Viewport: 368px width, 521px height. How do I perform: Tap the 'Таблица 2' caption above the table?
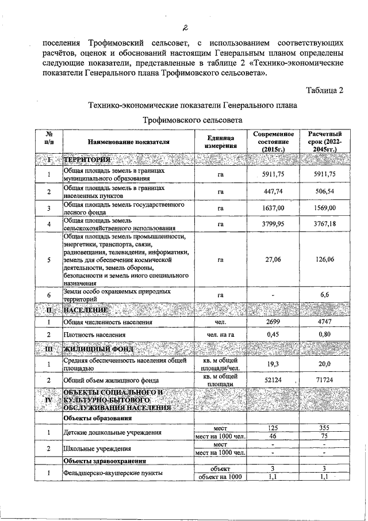click(325, 90)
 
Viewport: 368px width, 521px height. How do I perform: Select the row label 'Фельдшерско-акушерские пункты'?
click(113, 473)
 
